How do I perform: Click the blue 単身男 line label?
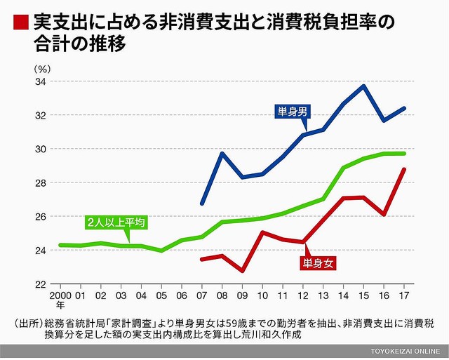coord(293,112)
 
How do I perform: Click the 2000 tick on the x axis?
coord(60,296)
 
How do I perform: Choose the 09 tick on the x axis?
coord(243,296)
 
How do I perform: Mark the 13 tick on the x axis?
coord(324,296)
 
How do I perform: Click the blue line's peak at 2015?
coord(364,86)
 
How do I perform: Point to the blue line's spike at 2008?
coord(222,153)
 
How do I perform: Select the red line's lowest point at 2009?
coord(243,271)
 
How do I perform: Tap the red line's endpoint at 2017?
coord(405,169)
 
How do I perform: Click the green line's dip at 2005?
coord(162,251)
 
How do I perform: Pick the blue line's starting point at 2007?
coord(202,204)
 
